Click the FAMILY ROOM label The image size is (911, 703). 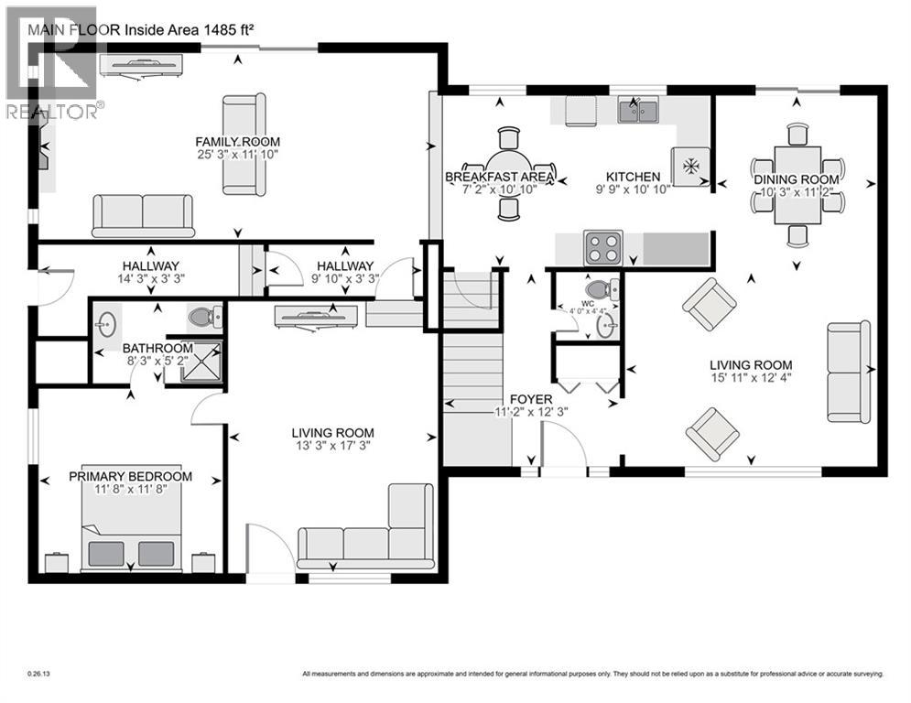point(237,142)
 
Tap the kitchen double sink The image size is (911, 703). point(640,112)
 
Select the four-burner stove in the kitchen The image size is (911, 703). point(603,247)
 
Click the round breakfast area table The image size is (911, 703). point(509,174)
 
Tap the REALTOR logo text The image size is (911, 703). point(55,113)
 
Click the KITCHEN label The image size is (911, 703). point(633,177)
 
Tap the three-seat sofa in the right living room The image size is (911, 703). point(849,371)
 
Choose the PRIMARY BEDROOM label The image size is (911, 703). point(131,477)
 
